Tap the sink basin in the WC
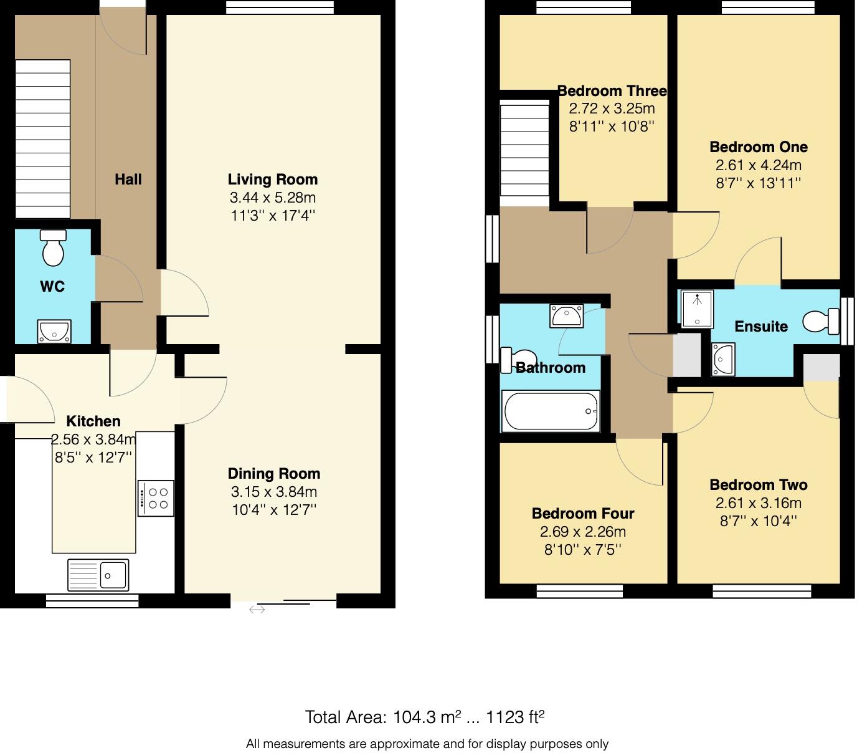55,332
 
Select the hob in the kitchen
156,498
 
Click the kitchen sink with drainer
98,575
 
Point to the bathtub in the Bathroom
551,411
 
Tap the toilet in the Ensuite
820,322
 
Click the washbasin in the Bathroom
567,316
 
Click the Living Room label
273,180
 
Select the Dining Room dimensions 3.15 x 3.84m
274,492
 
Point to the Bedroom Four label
583,514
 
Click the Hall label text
128,180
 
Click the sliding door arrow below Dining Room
257,610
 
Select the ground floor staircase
42,139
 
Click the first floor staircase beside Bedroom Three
524,150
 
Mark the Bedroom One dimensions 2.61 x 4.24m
759,165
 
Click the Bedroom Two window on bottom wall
762,590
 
